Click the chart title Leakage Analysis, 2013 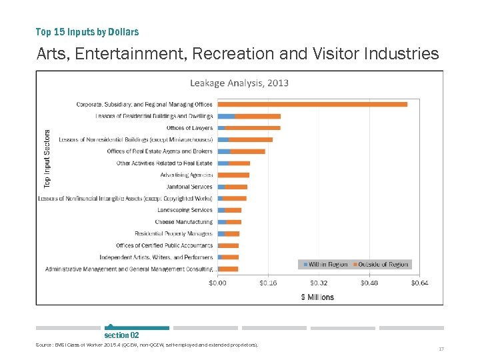click(239, 83)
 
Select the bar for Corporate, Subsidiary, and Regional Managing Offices click(312, 104)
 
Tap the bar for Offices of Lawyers click(249, 127)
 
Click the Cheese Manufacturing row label click(184, 222)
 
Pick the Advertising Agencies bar click(233, 175)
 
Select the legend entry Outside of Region click(382, 265)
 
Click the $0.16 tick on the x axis click(268, 283)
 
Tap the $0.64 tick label click(419, 283)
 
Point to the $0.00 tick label click(218, 283)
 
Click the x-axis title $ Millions click(317, 297)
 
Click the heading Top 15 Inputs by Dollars click(87, 32)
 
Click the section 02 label click(121, 335)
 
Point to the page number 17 click(441, 349)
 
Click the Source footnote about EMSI click(147, 345)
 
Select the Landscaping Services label click(185, 210)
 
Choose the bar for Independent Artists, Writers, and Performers click(228, 257)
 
